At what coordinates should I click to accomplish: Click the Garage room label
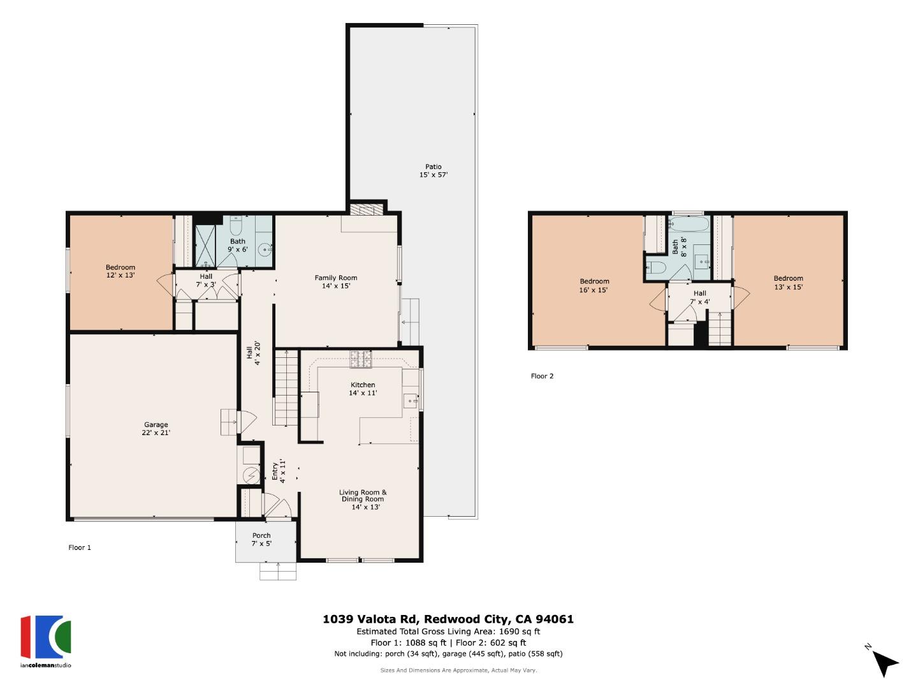pyautogui.click(x=156, y=429)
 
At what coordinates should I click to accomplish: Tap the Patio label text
pyautogui.click(x=433, y=170)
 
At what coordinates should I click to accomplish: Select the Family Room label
pyautogui.click(x=335, y=281)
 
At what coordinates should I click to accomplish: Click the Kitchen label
pyautogui.click(x=363, y=389)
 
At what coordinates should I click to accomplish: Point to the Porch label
pyautogui.click(x=261, y=539)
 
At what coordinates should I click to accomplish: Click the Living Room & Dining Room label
pyautogui.click(x=363, y=499)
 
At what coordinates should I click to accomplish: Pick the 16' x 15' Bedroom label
pyautogui.click(x=594, y=285)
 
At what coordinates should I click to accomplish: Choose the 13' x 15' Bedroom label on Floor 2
pyautogui.click(x=788, y=282)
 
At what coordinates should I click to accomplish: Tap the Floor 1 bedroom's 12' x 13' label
pyautogui.click(x=120, y=271)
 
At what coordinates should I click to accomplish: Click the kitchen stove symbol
pyautogui.click(x=361, y=360)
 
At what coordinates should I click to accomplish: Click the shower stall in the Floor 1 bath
pyautogui.click(x=205, y=246)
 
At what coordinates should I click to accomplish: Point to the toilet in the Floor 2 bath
pyautogui.click(x=655, y=266)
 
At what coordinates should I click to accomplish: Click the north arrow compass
pyautogui.click(x=883, y=662)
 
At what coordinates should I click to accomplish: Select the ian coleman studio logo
pyautogui.click(x=46, y=641)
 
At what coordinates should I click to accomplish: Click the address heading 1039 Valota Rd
pyautogui.click(x=448, y=619)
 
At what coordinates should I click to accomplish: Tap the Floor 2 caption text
pyautogui.click(x=542, y=376)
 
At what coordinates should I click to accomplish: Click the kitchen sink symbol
pyautogui.click(x=410, y=401)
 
